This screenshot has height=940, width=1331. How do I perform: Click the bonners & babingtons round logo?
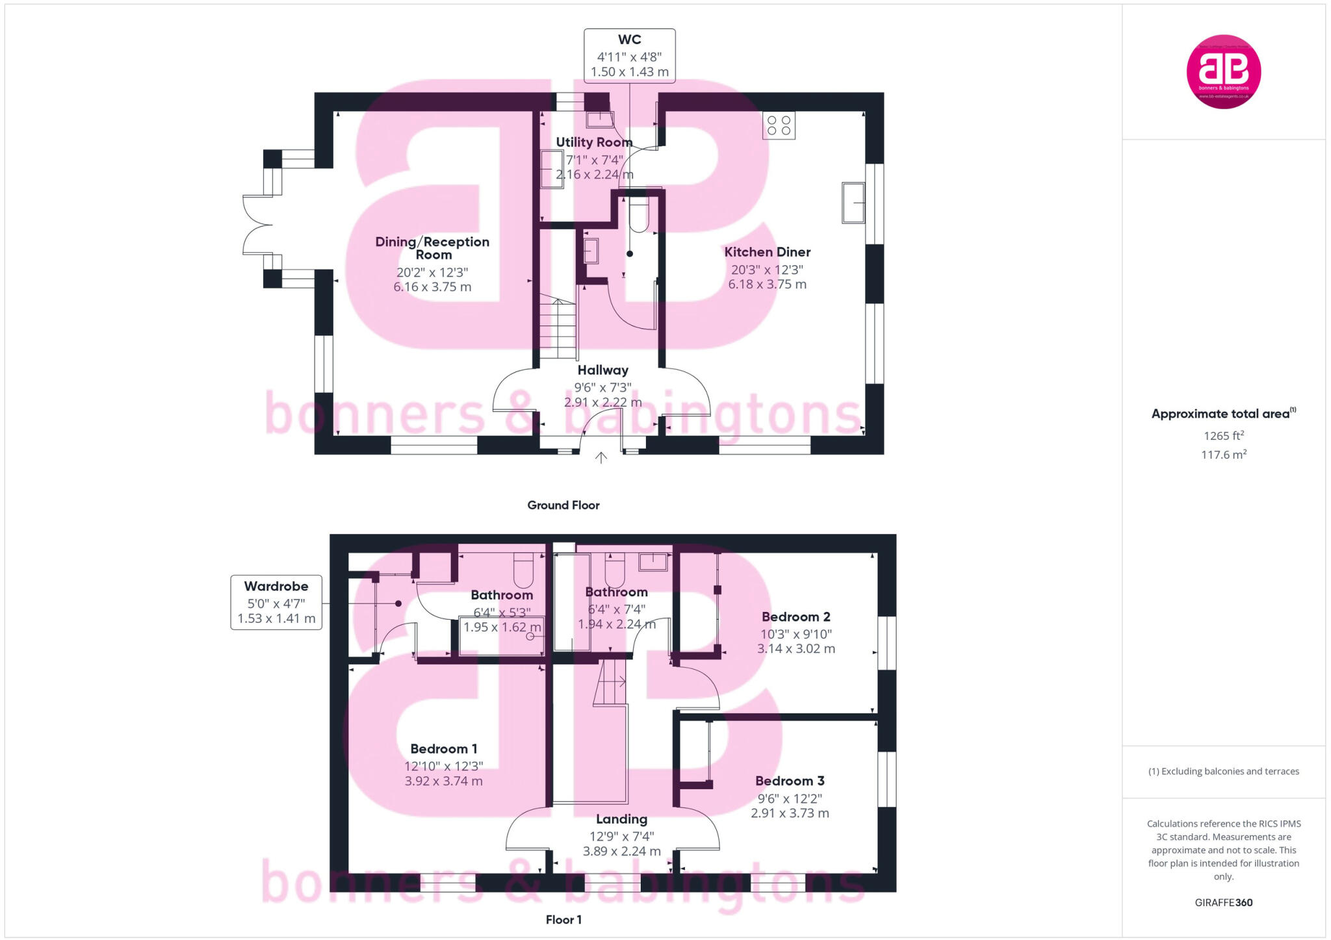pos(1223,71)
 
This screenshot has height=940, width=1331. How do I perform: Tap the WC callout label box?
pos(629,56)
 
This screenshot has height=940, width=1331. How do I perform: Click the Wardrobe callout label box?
pos(276,602)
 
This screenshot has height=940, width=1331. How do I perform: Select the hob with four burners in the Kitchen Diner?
pos(779,125)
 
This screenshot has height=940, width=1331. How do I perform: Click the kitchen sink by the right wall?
pos(853,203)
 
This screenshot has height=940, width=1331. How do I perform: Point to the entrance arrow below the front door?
pos(601,457)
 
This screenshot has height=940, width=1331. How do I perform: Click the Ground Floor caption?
pos(563,505)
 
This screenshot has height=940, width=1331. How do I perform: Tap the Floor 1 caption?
pos(563,919)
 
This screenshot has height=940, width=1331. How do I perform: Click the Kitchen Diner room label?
pos(767,252)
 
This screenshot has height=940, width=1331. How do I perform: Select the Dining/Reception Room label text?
pos(432,248)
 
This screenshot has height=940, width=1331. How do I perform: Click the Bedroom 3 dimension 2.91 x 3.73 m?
pos(790,813)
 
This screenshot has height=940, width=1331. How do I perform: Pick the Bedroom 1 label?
pos(443,748)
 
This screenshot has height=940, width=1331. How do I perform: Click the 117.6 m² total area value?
pos(1223,455)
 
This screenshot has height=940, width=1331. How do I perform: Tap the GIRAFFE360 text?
pos(1223,902)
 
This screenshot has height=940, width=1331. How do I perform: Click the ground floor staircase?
pos(558,328)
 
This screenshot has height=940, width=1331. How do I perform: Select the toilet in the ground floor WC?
pos(639,214)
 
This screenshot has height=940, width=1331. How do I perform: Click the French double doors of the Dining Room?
pos(257,225)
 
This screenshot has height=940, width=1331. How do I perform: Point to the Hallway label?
pos(602,370)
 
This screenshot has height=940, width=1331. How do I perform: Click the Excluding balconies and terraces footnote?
pos(1223,771)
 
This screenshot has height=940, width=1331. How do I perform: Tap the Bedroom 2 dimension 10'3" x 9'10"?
pos(795,633)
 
